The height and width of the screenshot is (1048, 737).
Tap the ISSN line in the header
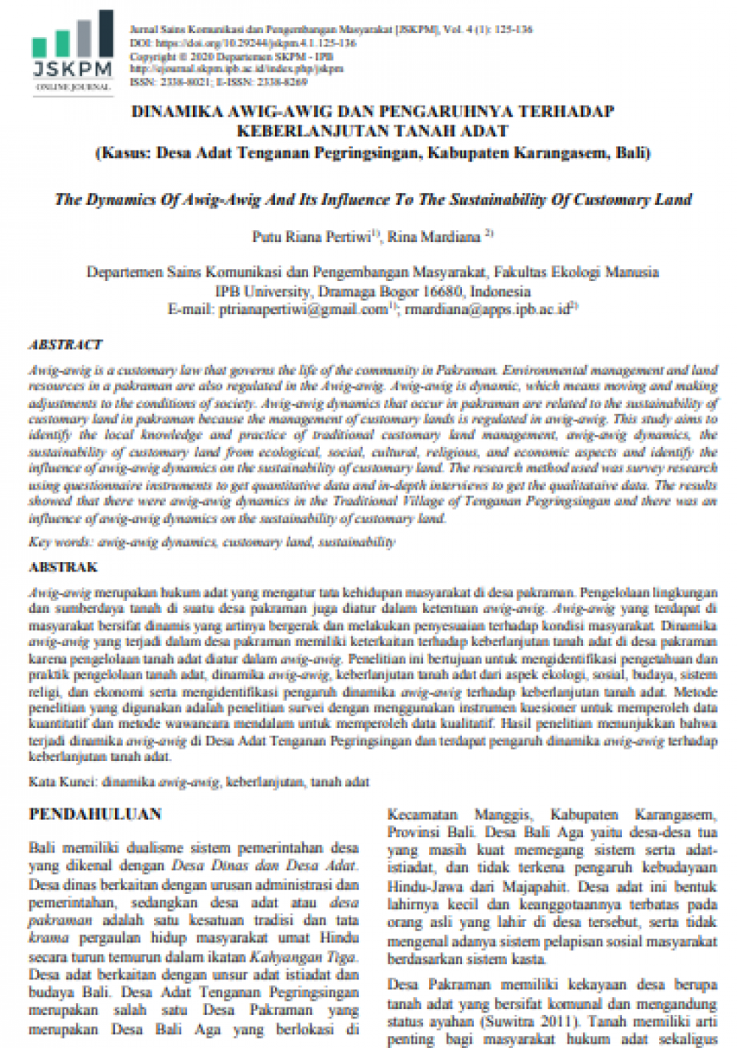(x=218, y=82)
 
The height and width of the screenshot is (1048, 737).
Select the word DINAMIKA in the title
(x=175, y=112)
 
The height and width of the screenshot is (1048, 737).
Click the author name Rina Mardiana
(x=434, y=237)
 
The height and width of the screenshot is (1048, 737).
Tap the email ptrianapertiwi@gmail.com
(x=303, y=310)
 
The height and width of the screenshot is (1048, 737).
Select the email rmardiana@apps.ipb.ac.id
(x=488, y=310)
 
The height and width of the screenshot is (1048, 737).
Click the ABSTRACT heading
(x=66, y=344)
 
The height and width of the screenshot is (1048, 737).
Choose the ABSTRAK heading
(x=63, y=567)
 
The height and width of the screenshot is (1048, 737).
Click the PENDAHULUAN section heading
(x=95, y=814)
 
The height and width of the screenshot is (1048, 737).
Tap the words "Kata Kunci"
(x=62, y=781)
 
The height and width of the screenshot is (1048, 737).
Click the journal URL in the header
(x=236, y=69)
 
